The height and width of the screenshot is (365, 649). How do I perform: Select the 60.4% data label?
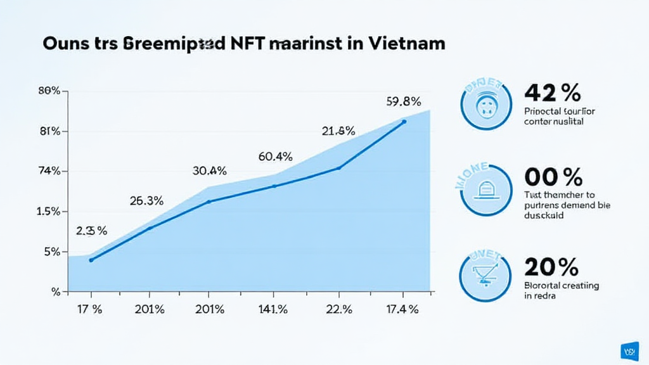point(275,156)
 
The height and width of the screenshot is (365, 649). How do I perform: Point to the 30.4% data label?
point(209,170)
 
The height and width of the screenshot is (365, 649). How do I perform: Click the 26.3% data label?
point(147,202)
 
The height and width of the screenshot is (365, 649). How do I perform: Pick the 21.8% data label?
point(338,131)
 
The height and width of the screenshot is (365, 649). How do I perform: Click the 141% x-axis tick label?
point(273,309)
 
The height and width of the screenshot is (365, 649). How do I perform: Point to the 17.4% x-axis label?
point(402,309)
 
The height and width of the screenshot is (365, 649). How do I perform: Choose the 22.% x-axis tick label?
point(338,309)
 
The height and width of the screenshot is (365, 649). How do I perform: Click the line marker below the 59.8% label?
point(404,121)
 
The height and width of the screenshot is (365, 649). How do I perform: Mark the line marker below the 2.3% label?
point(91,260)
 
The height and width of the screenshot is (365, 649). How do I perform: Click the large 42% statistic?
point(552,93)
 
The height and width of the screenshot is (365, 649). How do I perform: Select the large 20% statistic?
point(551,267)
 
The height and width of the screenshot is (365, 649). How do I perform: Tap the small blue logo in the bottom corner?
point(631,350)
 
